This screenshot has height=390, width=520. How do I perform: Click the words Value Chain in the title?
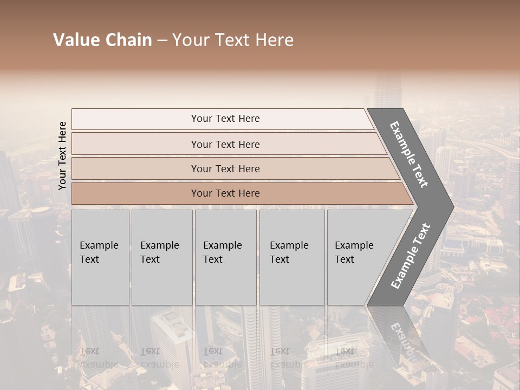[102, 40]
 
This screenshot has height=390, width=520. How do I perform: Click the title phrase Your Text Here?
[233, 40]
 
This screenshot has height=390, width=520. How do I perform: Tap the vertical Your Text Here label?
[62, 155]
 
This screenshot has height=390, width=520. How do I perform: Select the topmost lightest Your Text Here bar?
[225, 119]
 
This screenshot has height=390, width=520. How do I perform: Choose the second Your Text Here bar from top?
[225, 144]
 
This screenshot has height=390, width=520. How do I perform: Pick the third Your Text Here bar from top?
[225, 168]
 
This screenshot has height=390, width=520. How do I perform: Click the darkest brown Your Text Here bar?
[225, 193]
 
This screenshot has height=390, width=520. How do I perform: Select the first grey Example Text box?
[100, 257]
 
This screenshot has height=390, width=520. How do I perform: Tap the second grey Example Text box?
[161, 257]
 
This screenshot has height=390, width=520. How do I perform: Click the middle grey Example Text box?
[225, 257]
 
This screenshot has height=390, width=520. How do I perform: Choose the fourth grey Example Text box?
[291, 257]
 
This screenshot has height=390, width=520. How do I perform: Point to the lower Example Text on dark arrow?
[411, 256]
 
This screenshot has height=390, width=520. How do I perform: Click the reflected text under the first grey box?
[99, 358]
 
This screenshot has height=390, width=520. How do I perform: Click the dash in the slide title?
[162, 40]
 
